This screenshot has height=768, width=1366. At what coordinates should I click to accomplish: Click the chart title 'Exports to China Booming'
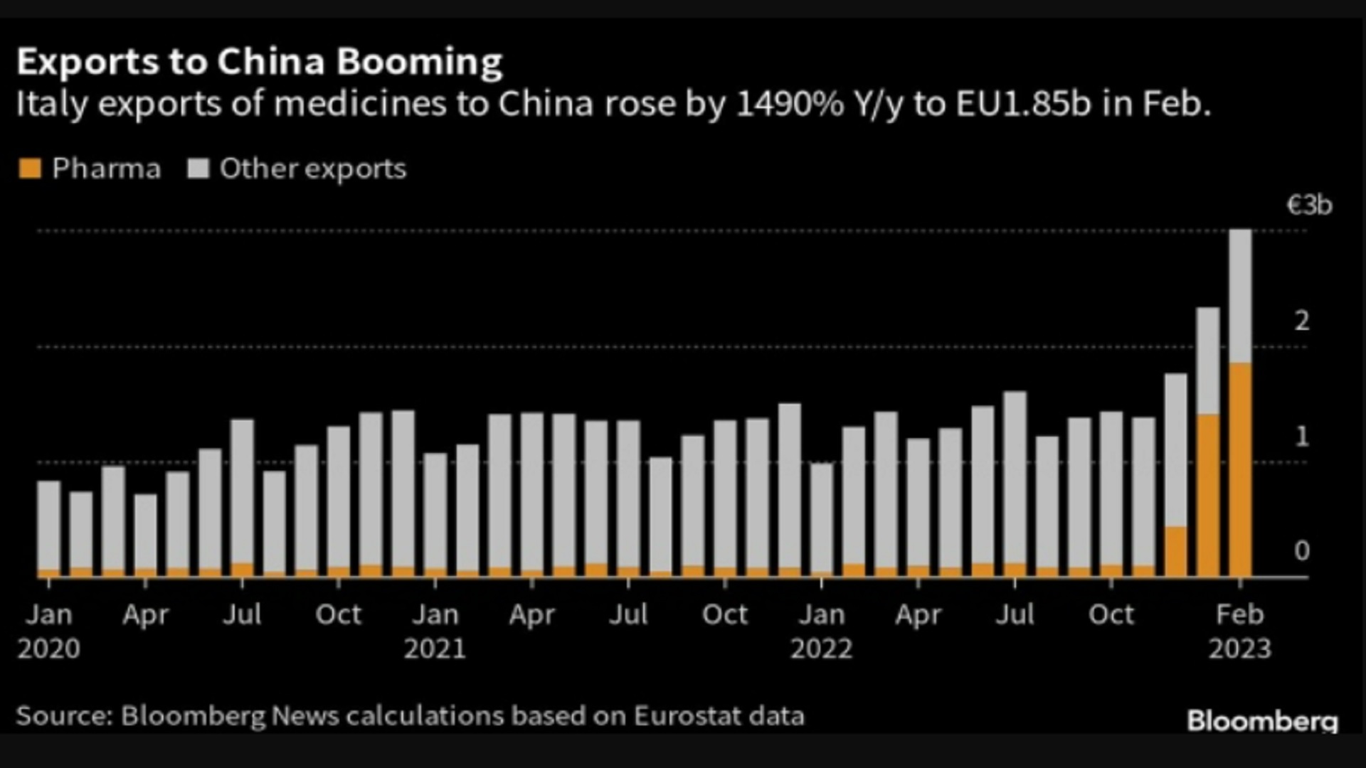coord(260,62)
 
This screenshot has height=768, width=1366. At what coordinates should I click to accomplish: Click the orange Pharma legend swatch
coord(30,169)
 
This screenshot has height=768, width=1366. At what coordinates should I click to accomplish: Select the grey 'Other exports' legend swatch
coord(198,169)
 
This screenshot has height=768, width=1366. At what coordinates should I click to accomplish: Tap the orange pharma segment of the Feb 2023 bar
coord(1240,469)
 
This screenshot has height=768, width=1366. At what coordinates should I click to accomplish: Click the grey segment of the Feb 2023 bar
coord(1240,295)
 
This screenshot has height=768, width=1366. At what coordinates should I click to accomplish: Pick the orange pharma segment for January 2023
coord(1208,495)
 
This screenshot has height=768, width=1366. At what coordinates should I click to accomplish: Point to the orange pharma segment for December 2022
coord(1175,551)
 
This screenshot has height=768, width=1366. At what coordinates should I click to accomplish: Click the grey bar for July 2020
coord(242,491)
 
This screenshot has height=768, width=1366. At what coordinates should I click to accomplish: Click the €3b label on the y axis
coord(1309,206)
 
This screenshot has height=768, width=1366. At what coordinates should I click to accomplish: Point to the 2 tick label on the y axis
coord(1302,321)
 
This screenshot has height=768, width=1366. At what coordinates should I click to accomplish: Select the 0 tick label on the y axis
coord(1302,551)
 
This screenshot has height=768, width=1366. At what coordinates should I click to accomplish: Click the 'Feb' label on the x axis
coord(1240,614)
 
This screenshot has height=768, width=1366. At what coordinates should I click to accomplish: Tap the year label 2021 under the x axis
coord(435,649)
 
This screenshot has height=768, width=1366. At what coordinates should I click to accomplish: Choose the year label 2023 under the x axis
coord(1240,649)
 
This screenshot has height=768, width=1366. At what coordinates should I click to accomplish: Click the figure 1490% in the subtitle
coord(789,104)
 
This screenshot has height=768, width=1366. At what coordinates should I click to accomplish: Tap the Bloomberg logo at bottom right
coord(1262,721)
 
